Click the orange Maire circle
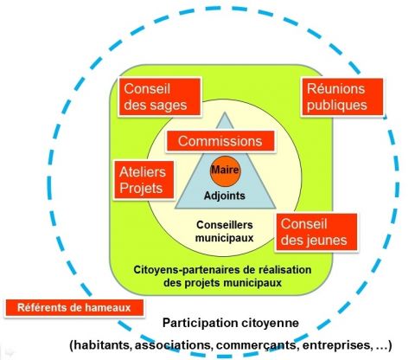[x=225, y=171]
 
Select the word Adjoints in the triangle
[x=225, y=196]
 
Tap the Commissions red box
[x=220, y=141]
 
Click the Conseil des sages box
[x=159, y=97]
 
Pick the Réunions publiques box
[x=342, y=97]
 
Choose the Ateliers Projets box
[x=144, y=180]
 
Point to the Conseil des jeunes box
[x=316, y=233]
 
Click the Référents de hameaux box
[x=74, y=308]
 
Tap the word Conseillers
[x=225, y=225]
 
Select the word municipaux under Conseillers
[x=225, y=238]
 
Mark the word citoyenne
[x=270, y=323]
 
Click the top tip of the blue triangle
[x=225, y=112]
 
